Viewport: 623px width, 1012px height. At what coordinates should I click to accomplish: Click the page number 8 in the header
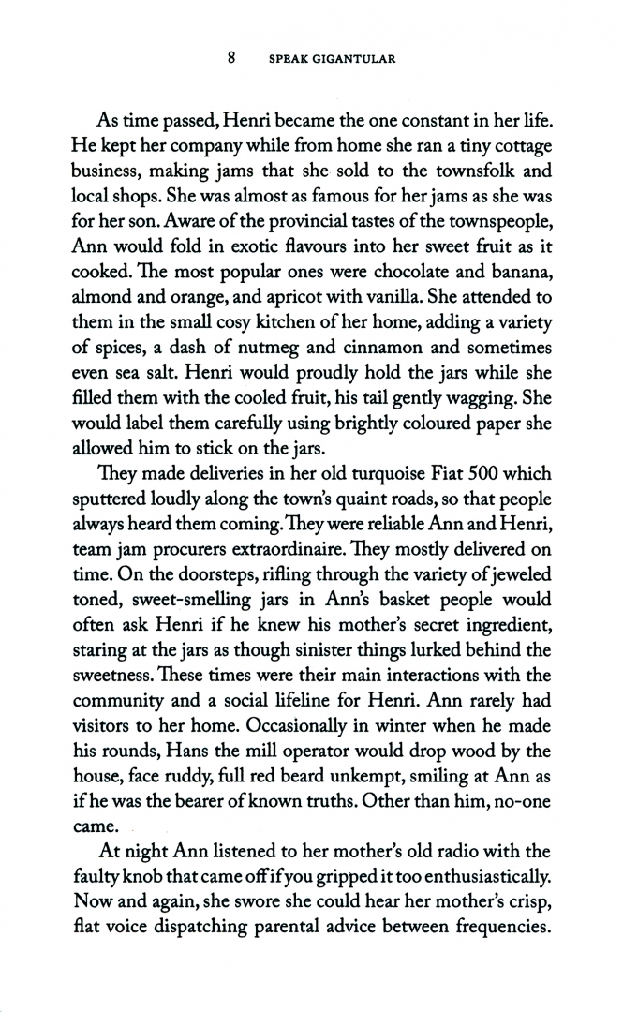click(x=231, y=58)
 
